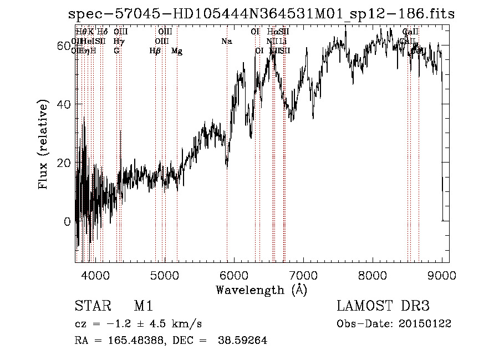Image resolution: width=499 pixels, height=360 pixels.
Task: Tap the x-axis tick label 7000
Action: tap(303, 275)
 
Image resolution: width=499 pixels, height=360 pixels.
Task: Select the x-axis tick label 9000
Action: tap(442, 275)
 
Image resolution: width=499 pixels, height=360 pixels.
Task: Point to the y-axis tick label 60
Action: tap(64, 45)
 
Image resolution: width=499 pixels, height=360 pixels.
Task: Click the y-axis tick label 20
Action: tap(64, 163)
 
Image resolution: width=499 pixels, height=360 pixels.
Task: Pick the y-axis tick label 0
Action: tap(68, 222)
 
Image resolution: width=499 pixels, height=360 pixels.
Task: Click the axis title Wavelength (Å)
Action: tap(261, 290)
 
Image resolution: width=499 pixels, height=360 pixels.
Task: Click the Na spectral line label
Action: tap(226, 42)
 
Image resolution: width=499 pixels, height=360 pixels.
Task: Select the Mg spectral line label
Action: tap(177, 51)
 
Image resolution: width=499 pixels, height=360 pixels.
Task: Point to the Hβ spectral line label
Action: tap(155, 51)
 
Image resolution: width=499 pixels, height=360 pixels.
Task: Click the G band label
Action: tap(116, 51)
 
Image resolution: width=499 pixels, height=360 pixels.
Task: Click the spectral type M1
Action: tap(143, 307)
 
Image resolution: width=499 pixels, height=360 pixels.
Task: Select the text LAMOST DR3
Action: tap(383, 307)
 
